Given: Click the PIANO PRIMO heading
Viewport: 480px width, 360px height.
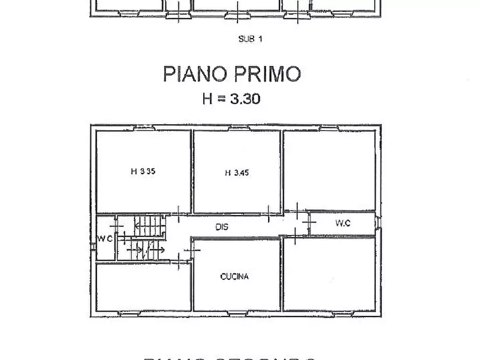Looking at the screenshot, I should [x=232, y=74].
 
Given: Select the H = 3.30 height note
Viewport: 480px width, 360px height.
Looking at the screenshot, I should [x=231, y=98].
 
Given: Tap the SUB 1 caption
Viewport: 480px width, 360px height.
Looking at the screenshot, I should [x=250, y=39].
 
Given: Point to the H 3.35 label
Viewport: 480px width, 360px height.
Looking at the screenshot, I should [x=143, y=172].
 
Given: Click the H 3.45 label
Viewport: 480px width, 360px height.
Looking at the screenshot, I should [x=237, y=172].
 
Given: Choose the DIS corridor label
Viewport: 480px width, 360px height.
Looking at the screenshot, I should [x=222, y=227].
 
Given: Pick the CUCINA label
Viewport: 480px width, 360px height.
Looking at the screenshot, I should [x=234, y=277].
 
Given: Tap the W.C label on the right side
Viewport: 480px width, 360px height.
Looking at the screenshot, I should [x=342, y=223].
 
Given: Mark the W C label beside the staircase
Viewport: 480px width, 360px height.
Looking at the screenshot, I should [x=105, y=239].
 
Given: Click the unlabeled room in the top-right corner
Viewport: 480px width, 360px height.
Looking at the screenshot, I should [x=329, y=169].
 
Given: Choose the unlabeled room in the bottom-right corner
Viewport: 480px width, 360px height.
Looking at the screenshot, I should [x=329, y=274].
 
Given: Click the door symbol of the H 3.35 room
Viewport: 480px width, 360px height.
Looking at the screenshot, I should [x=178, y=213].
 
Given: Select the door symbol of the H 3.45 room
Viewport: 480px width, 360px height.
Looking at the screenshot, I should [x=268, y=213].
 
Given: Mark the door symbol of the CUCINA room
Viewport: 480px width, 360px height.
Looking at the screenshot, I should [x=190, y=250].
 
